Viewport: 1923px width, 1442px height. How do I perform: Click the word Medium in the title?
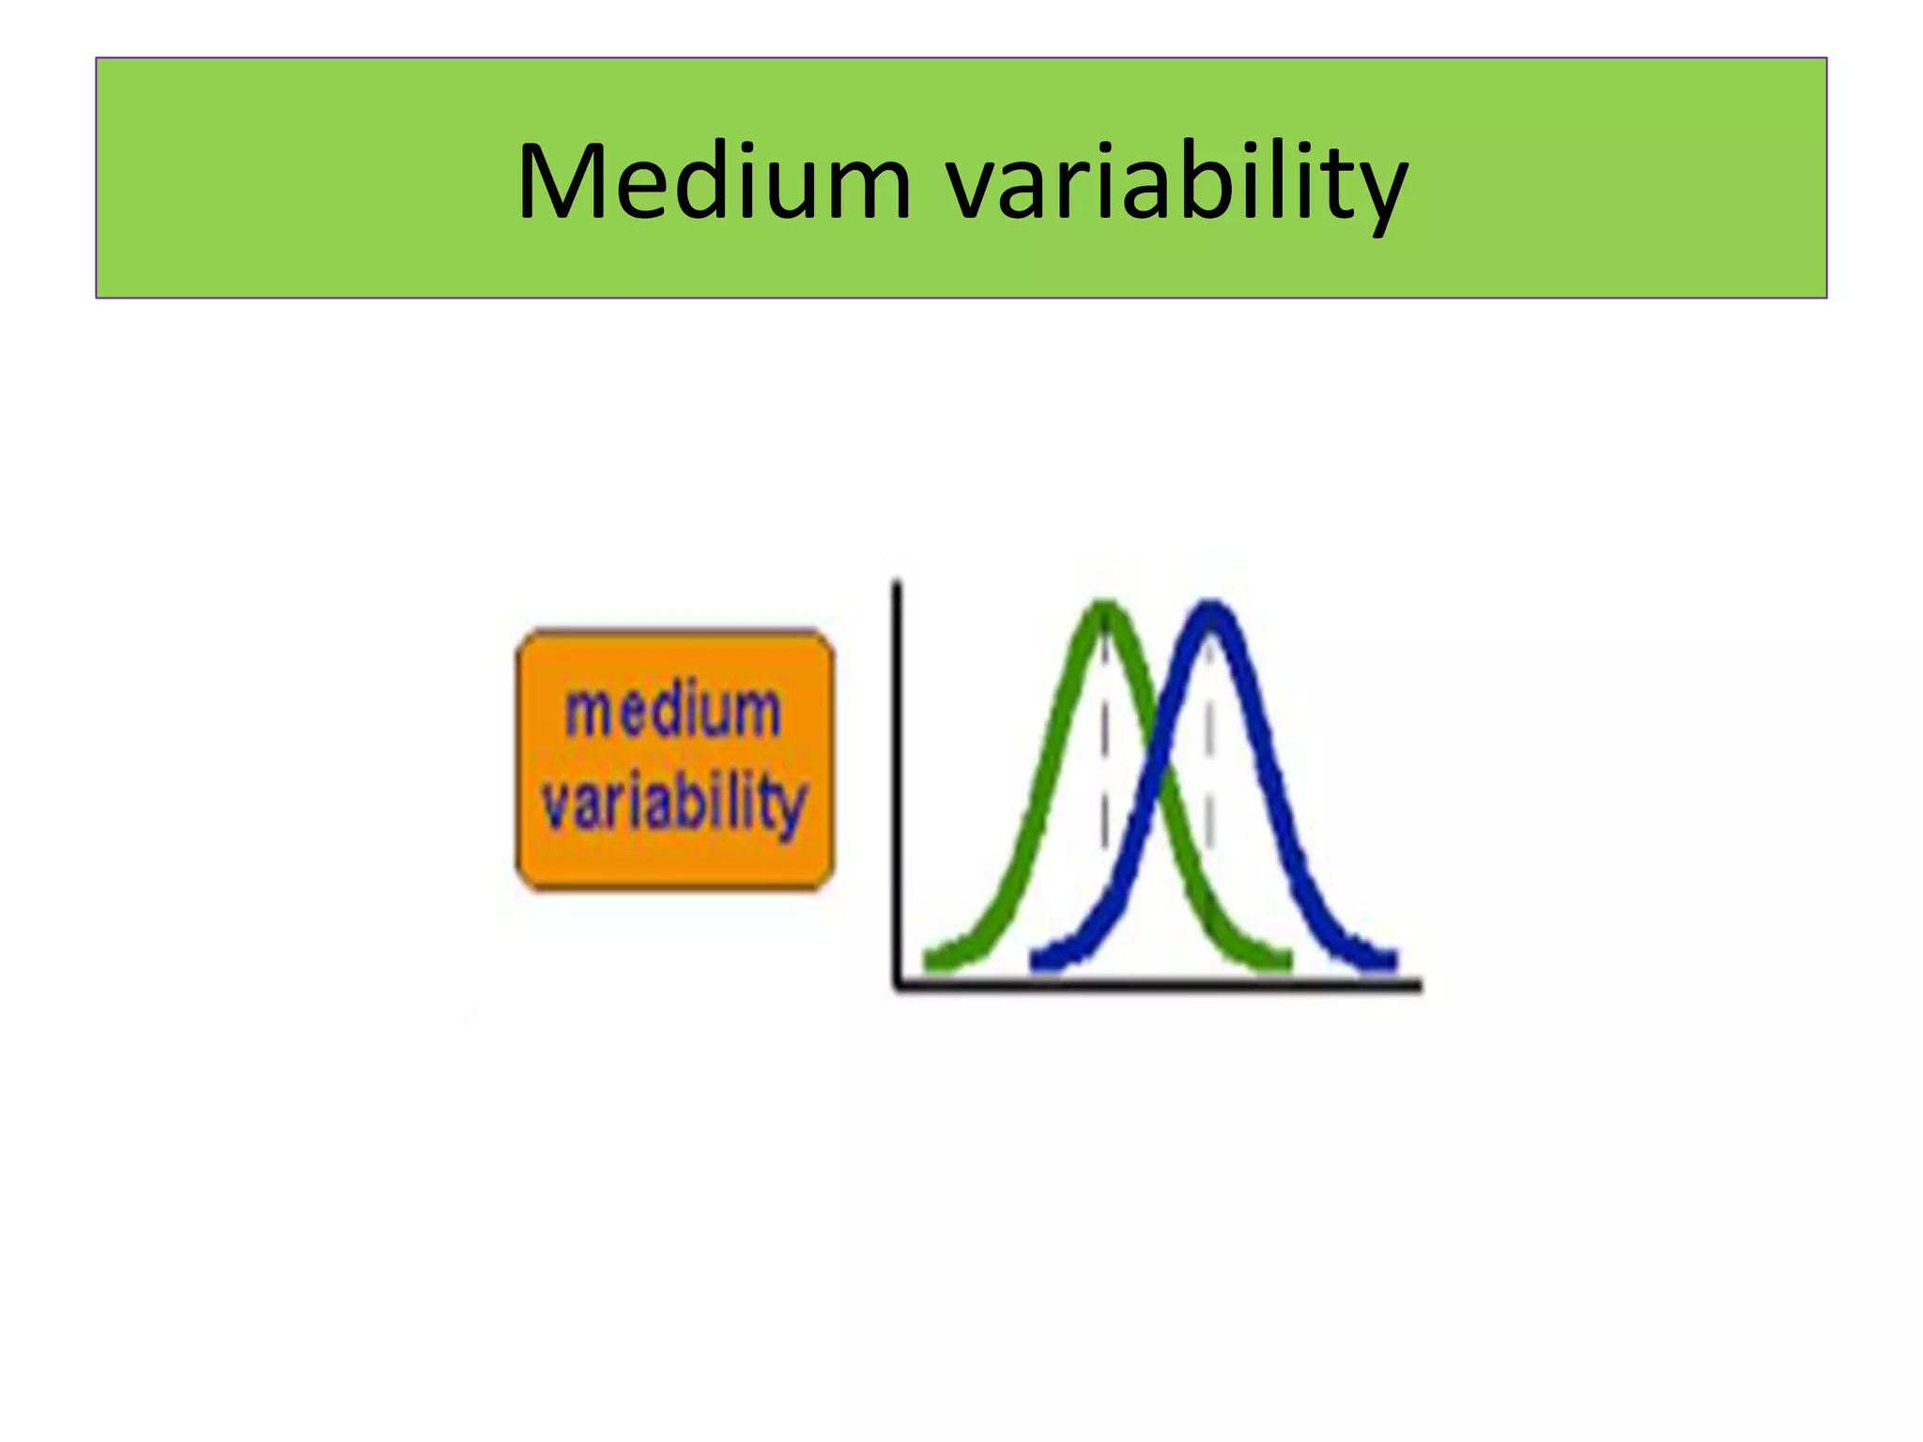[714, 183]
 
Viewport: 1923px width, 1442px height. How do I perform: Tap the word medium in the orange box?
[672, 711]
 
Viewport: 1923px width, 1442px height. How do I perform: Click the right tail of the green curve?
[1277, 959]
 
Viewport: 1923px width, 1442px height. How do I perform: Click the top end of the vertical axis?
[897, 584]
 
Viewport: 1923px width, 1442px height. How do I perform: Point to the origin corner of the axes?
[899, 985]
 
